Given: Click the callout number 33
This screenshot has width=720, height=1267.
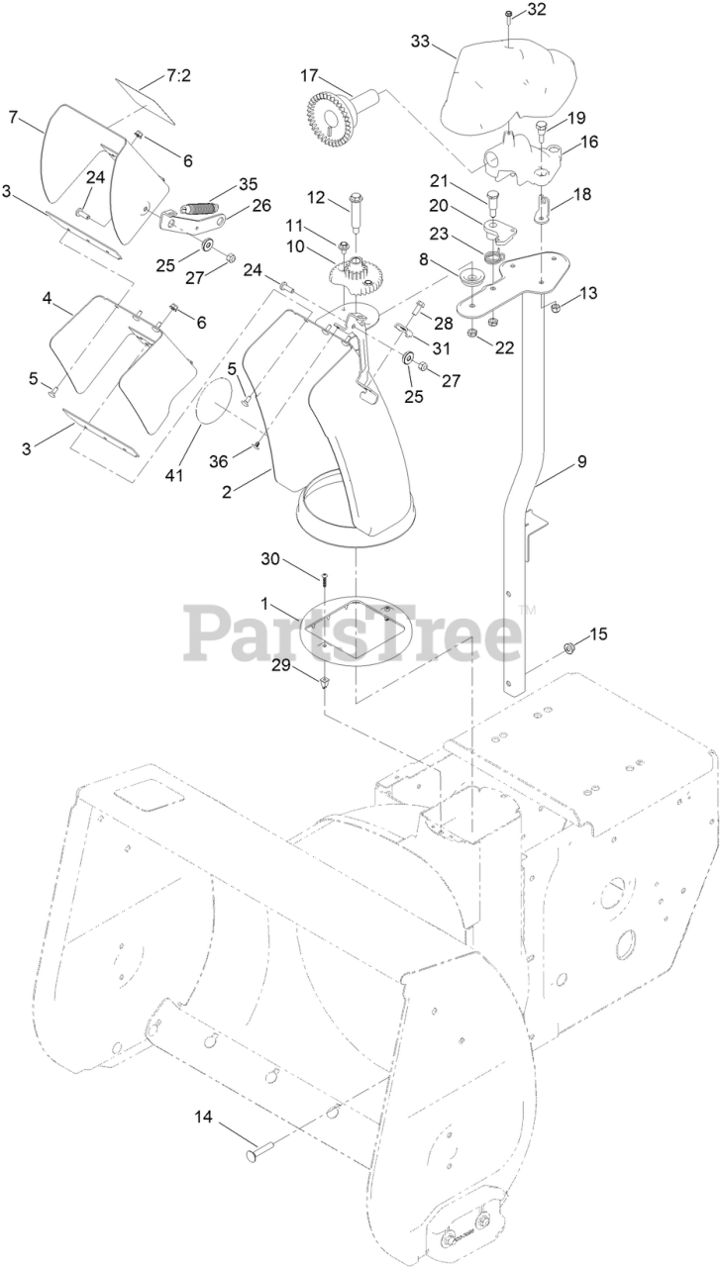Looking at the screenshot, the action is click(420, 42).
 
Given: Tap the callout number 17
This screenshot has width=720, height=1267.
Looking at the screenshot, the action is click(309, 75).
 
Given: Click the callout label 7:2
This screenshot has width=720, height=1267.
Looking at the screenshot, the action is click(179, 74).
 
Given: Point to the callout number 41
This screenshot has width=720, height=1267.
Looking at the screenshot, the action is click(174, 477).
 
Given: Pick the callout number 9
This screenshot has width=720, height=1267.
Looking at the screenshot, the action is click(582, 461).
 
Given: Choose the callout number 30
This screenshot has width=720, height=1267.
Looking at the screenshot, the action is click(270, 558).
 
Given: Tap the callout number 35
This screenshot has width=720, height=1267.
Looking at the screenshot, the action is click(248, 185).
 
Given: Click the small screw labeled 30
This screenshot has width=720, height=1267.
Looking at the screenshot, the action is click(323, 577).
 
